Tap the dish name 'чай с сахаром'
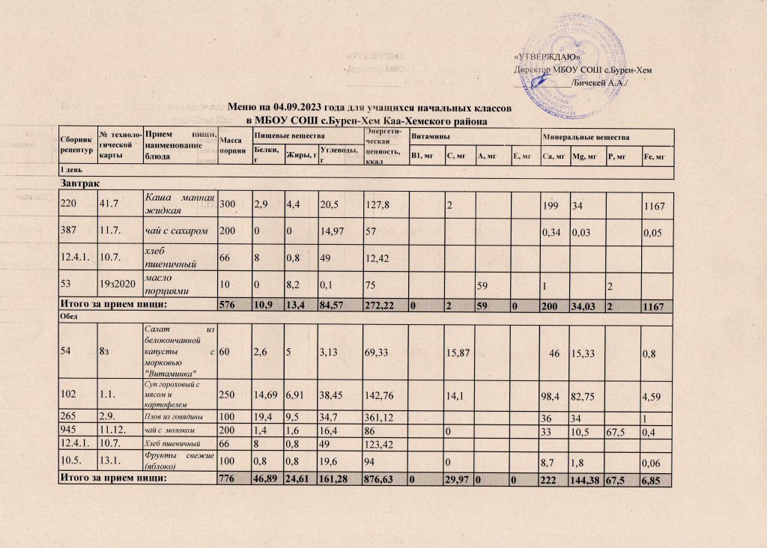pos(175,233)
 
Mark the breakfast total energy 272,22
pos(383,305)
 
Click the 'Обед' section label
pos(70,317)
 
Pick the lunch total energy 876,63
pos(383,478)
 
